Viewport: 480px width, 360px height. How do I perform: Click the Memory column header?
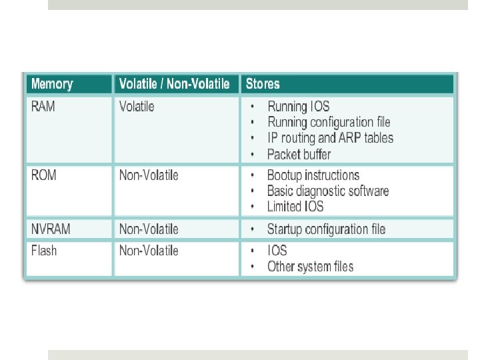pos(52,84)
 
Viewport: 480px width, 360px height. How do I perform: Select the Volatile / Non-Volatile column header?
pos(174,84)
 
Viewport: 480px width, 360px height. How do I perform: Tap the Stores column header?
pos(263,84)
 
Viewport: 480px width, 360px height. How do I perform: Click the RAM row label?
pos(43,107)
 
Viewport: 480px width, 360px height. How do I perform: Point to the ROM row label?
pos(44,175)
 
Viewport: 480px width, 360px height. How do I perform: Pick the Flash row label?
pos(44,251)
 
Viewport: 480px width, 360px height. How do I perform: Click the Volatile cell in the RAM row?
pos(137,107)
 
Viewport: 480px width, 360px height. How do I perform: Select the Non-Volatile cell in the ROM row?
pos(149,175)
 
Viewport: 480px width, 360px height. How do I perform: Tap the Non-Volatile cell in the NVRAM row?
pos(149,229)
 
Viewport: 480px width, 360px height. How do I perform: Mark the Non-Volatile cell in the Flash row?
pos(149,251)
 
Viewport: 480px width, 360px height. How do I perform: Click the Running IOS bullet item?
pos(298,107)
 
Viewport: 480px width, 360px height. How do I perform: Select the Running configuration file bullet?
pos(329,122)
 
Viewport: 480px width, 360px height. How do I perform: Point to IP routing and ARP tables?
pos(330,138)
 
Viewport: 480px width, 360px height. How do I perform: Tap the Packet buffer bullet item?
pos(299,154)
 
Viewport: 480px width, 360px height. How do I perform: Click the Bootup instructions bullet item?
pos(313,175)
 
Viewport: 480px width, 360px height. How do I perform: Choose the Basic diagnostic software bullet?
pos(327,191)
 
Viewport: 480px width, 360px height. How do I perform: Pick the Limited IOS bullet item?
pos(296,207)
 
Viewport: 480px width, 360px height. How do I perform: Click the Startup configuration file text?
pos(326,229)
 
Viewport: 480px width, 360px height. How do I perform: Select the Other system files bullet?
pos(310,267)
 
